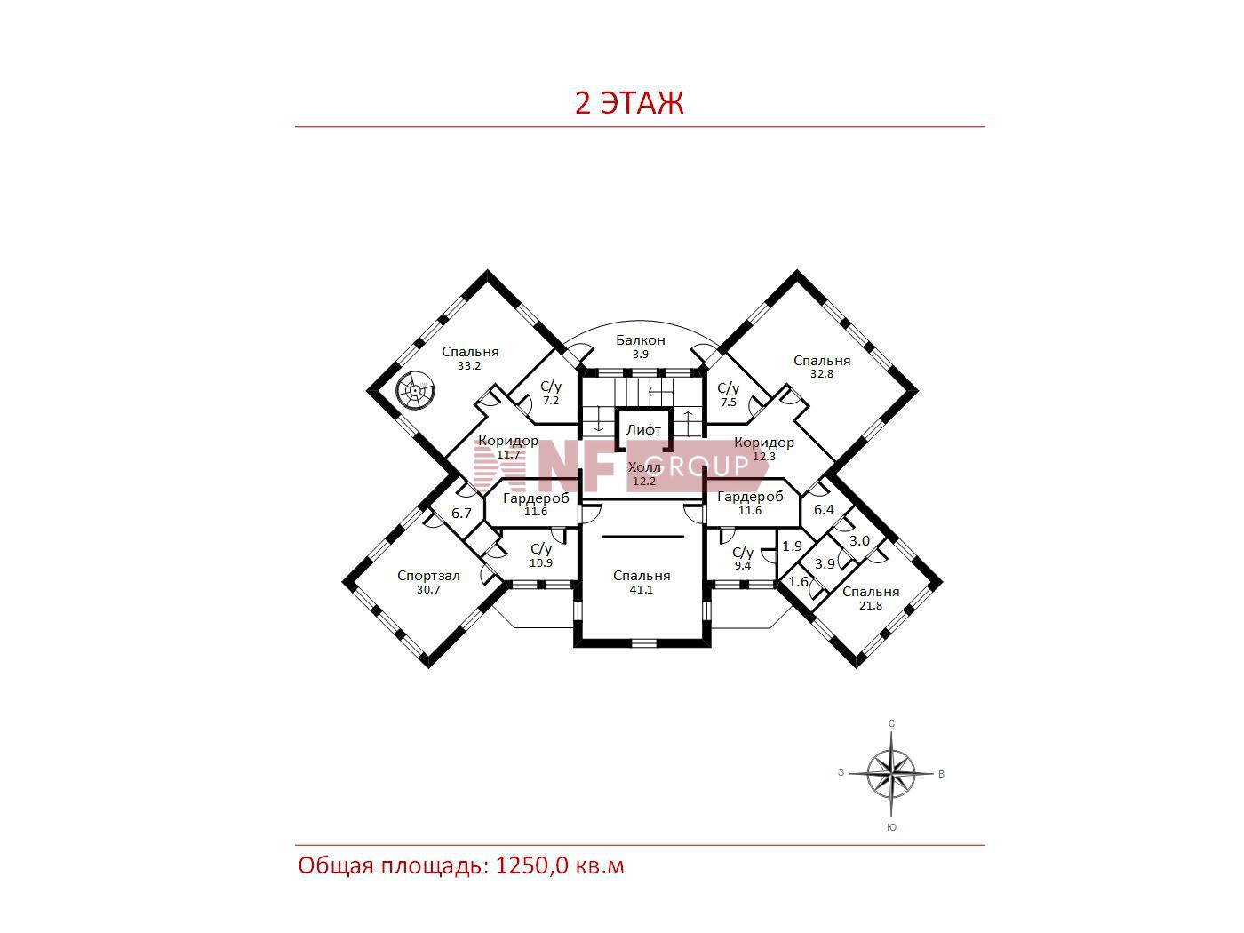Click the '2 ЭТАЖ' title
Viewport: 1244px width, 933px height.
[629, 103]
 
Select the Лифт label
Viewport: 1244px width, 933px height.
[643, 430]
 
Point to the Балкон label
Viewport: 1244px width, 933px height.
[641, 340]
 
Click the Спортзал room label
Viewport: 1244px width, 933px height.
[428, 576]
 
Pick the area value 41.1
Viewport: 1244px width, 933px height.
[642, 590]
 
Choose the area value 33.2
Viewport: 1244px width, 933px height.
[469, 366]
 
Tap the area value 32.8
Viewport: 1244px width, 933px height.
[822, 374]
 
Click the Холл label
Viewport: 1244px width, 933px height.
[644, 468]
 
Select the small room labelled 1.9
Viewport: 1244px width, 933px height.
[793, 546]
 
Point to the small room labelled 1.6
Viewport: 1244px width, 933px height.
[799, 582]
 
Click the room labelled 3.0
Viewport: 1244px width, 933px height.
[859, 541]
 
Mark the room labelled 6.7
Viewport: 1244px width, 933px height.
[461, 514]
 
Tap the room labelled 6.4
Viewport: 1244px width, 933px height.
[824, 510]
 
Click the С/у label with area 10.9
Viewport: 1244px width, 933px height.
[541, 549]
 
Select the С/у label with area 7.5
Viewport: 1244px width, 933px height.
[729, 388]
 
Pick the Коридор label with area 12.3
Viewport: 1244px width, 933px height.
[764, 443]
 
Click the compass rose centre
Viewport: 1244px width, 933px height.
[891, 774]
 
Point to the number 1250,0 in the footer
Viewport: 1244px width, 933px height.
[532, 866]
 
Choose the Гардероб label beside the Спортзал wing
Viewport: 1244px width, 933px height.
[536, 498]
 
